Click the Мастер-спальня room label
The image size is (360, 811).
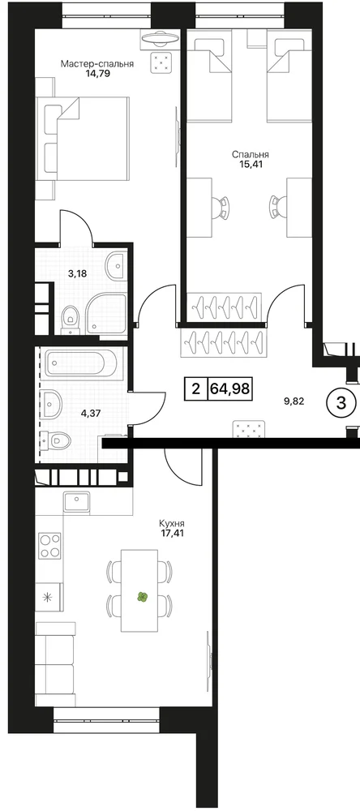point(97,64)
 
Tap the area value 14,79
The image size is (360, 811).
point(98,74)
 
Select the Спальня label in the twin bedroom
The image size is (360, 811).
point(251,154)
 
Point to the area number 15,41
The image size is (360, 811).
point(251,164)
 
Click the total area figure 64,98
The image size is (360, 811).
point(230,388)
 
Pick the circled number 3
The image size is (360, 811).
point(341,403)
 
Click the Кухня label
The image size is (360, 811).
point(172,522)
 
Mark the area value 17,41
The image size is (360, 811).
point(172,532)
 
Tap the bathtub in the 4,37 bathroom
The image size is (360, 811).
point(80,364)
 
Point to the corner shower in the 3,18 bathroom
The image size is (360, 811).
point(106,313)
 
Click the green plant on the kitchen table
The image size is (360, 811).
point(142,598)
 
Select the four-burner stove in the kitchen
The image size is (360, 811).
point(49,546)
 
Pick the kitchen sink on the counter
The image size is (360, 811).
point(76,500)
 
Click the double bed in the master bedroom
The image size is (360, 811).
point(82,139)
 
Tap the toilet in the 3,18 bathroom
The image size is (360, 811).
point(69,318)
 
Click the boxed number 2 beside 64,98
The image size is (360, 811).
point(196,388)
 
